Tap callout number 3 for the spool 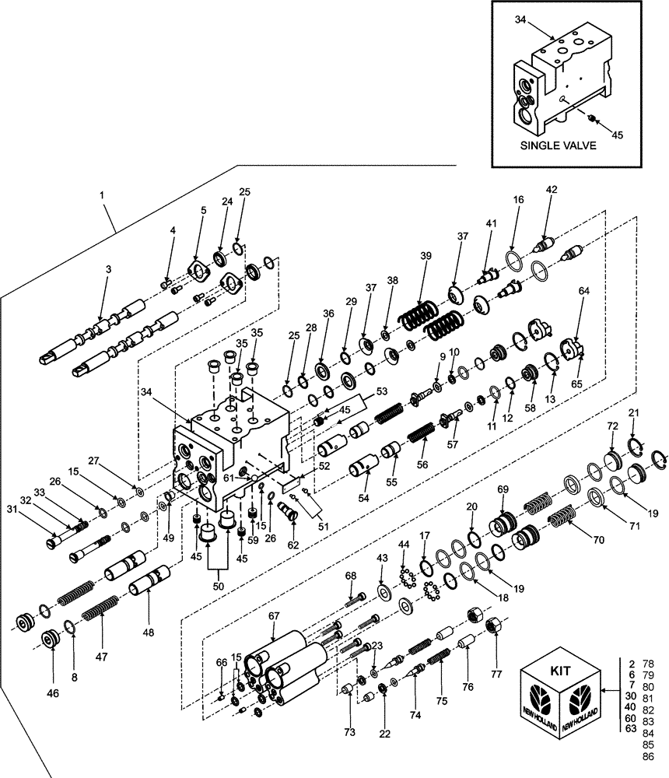(109, 268)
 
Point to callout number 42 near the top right (552, 189)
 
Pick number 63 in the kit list (631, 728)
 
